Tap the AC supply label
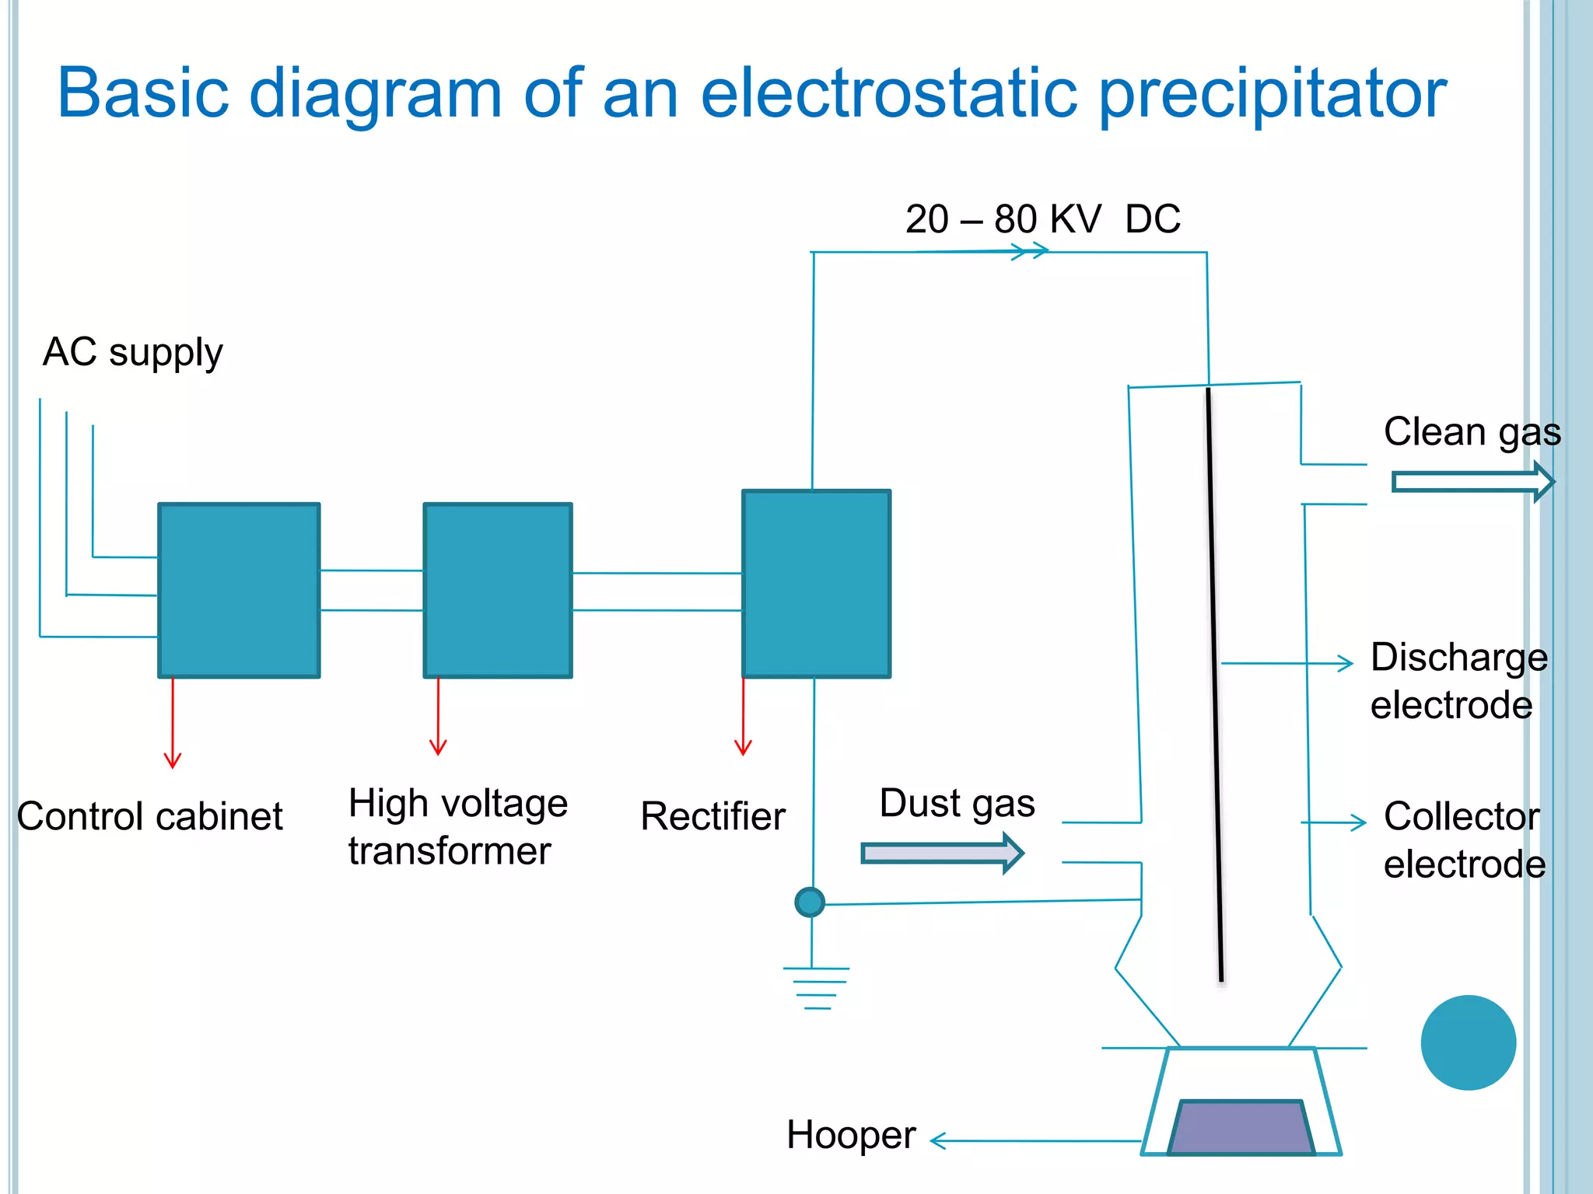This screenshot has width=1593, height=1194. tap(132, 353)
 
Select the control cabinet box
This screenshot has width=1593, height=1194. tap(239, 590)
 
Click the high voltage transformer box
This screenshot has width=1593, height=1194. tap(498, 590)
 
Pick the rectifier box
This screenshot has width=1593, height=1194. tap(816, 583)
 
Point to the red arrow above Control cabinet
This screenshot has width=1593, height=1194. tap(173, 723)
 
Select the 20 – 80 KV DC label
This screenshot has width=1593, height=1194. tap(1042, 218)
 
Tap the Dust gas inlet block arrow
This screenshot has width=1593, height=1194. tap(942, 854)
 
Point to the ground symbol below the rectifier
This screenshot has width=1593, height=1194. tap(816, 987)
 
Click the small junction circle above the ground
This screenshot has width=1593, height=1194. tap(810, 902)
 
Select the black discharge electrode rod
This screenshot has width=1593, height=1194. tap(1214, 684)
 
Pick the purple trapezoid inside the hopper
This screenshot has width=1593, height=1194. tap(1241, 1127)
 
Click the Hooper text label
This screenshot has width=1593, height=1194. tap(851, 1135)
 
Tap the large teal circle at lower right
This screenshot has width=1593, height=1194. tap(1468, 1042)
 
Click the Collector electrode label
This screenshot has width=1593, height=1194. tap(1464, 840)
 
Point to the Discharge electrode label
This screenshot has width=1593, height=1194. tap(1458, 681)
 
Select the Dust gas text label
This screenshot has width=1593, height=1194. tap(957, 804)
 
